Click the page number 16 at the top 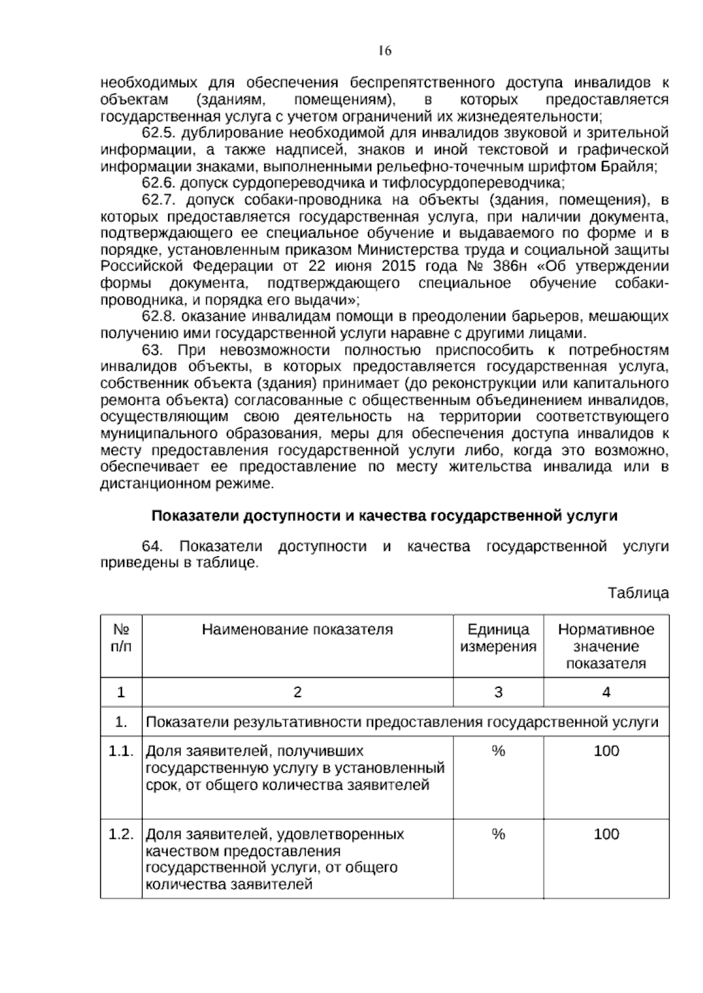pyautogui.click(x=385, y=51)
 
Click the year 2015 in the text pyautogui.click(x=399, y=266)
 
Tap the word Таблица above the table pyautogui.click(x=638, y=593)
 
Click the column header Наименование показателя pyautogui.click(x=297, y=629)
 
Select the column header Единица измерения pyautogui.click(x=498, y=638)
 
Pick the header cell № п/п pyautogui.click(x=121, y=638)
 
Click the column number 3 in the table pyautogui.click(x=498, y=692)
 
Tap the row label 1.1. pyautogui.click(x=121, y=751)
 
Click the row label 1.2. pyautogui.click(x=121, y=834)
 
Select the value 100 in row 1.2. pyautogui.click(x=606, y=834)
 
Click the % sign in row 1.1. pyautogui.click(x=498, y=751)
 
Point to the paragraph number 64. pyautogui.click(x=152, y=547)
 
